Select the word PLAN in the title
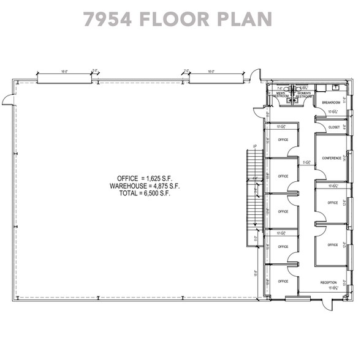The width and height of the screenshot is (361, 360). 246,18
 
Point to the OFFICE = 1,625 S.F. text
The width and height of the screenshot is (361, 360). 144,177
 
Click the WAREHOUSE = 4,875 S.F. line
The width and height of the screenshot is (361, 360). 144,185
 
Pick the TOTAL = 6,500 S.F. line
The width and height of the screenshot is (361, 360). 144,193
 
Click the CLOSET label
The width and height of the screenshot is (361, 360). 333,127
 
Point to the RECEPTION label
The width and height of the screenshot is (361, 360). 329,282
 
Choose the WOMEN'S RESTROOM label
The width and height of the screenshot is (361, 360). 304,95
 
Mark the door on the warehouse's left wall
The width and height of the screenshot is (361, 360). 7,99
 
